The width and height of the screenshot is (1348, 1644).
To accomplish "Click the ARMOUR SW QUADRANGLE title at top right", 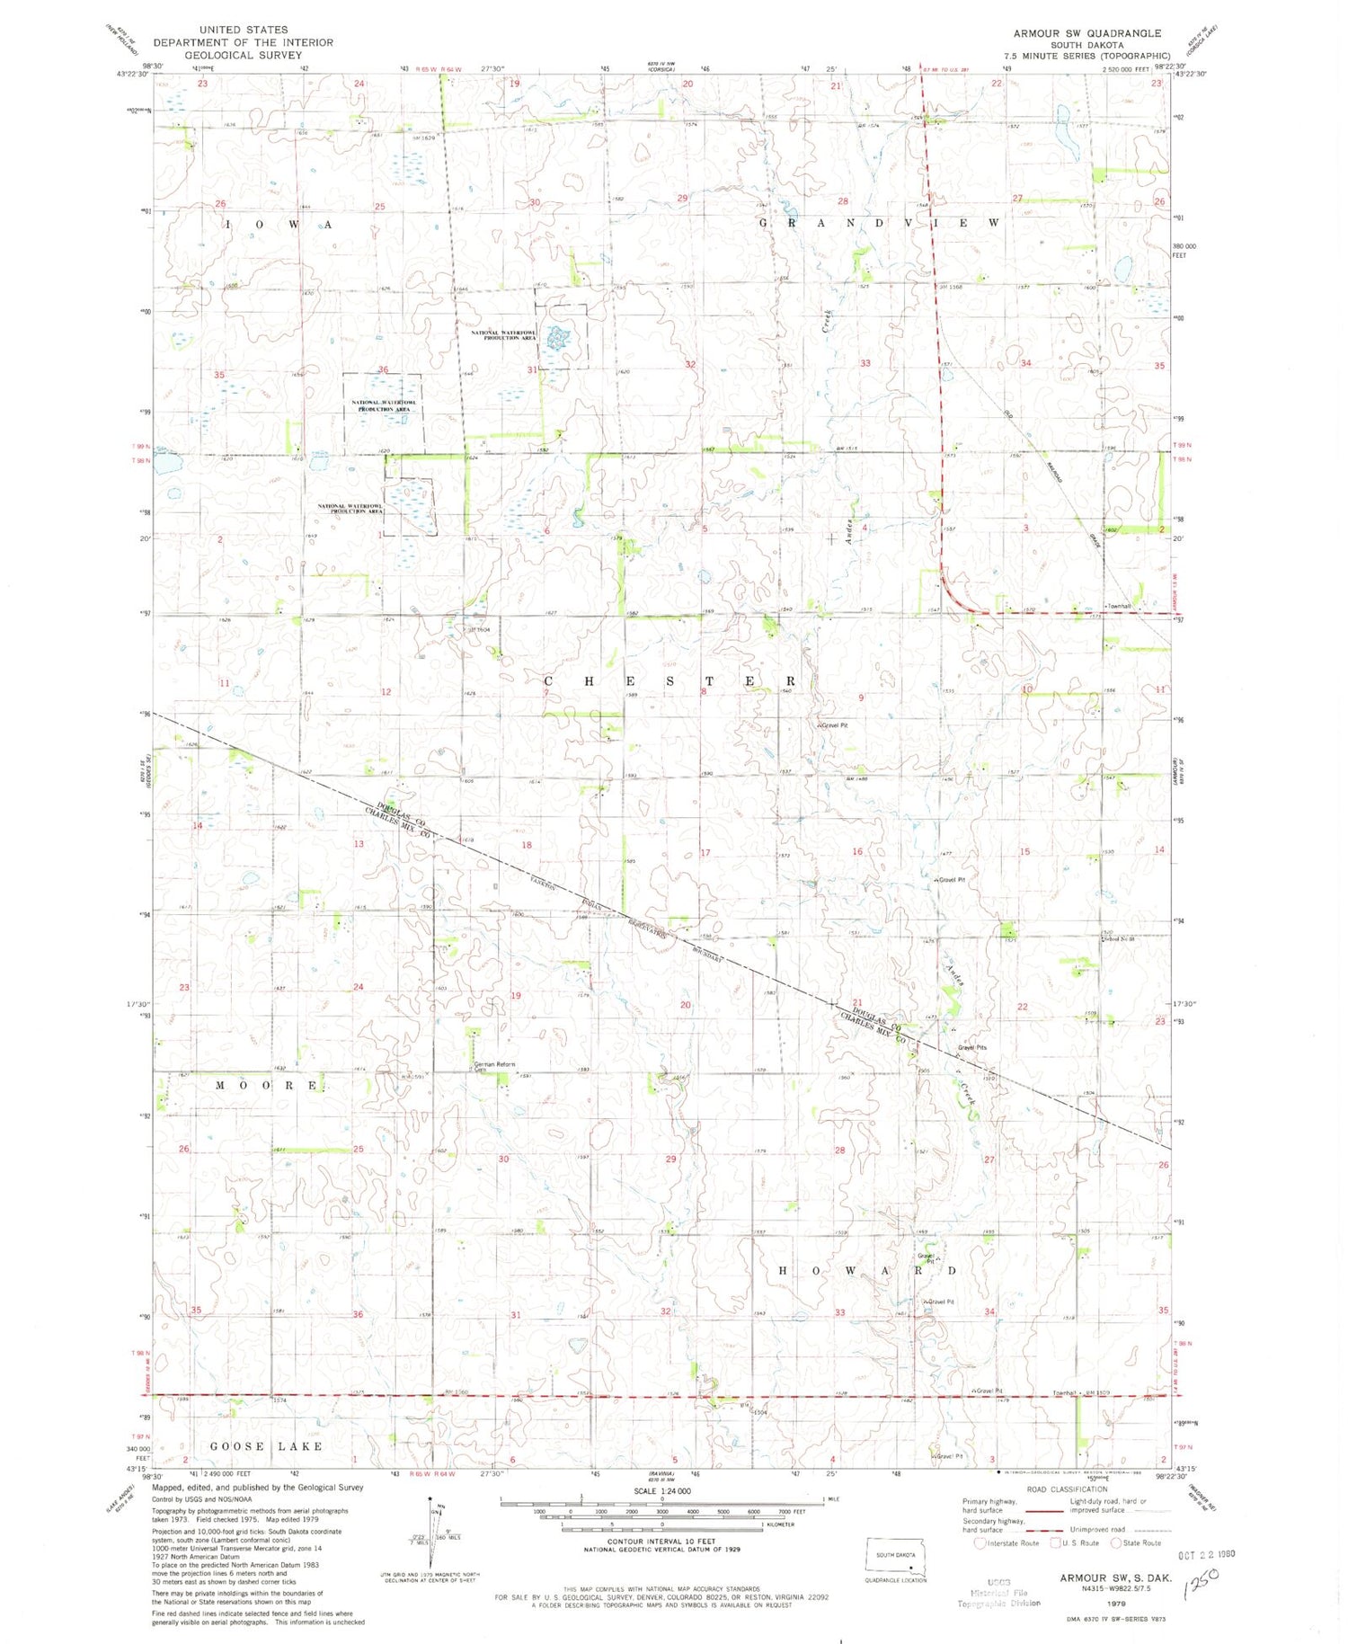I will (1086, 33).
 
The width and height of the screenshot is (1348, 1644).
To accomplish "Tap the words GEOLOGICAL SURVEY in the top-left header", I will (243, 55).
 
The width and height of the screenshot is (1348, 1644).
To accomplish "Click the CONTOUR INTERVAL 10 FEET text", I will (661, 1541).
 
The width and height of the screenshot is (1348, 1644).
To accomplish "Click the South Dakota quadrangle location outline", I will (895, 1557).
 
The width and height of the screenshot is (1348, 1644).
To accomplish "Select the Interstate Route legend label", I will (1013, 1542).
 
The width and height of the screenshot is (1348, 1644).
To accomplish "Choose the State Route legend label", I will (1140, 1542).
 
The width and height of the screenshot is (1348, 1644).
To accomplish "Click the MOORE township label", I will (267, 1086).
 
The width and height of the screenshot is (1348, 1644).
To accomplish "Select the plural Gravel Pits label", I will (971, 1047).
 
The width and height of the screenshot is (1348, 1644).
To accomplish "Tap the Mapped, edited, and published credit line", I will (258, 1488).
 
